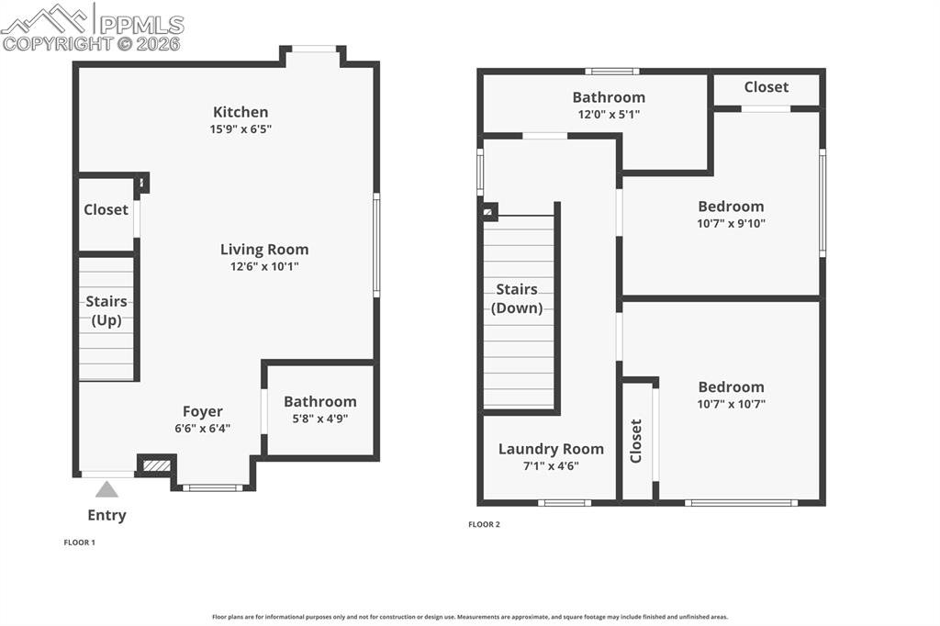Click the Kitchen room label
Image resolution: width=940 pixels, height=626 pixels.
(x=241, y=112)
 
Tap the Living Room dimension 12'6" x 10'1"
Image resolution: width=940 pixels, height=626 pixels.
(x=264, y=266)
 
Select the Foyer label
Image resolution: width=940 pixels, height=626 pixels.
(x=202, y=411)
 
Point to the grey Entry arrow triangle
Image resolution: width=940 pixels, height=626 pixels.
(x=106, y=489)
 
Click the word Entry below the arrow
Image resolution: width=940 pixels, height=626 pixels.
(x=106, y=515)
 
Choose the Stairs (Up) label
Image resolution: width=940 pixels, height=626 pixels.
(x=106, y=310)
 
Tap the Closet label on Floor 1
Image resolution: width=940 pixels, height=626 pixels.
(x=106, y=209)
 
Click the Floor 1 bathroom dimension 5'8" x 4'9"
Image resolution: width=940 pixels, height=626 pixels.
(x=319, y=419)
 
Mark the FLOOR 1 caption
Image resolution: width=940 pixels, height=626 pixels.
(x=79, y=542)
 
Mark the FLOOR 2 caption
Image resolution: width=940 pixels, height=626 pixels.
(x=484, y=524)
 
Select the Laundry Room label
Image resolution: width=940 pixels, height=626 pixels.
(x=551, y=449)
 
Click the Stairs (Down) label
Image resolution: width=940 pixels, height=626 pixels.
(x=517, y=298)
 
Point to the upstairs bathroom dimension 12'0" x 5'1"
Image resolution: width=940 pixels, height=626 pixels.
(x=609, y=114)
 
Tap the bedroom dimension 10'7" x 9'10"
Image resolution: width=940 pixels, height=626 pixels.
(x=731, y=223)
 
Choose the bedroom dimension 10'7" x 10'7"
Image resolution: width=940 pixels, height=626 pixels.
(x=731, y=403)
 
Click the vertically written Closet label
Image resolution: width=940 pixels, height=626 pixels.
(x=636, y=441)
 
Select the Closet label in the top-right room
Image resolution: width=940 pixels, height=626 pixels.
(x=766, y=87)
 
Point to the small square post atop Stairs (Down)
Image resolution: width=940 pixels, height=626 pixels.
(x=489, y=212)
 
